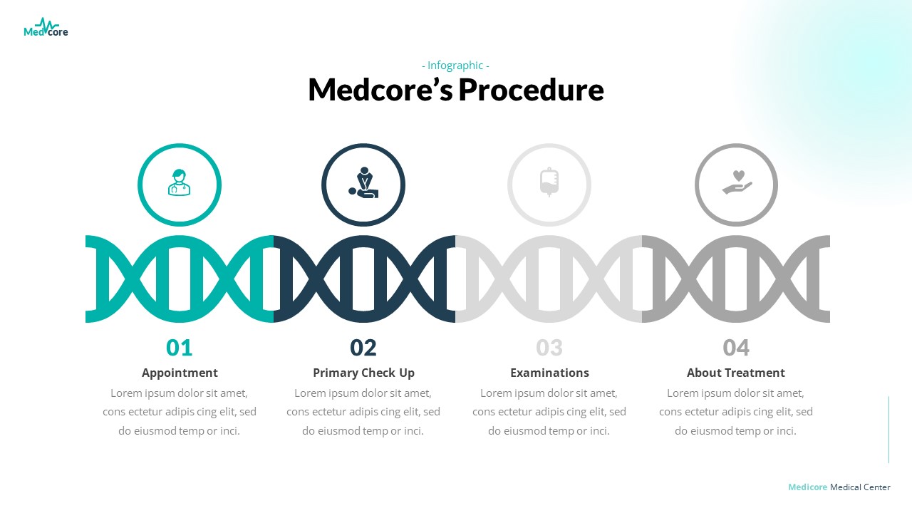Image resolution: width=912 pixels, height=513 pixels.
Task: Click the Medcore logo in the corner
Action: point(46,28)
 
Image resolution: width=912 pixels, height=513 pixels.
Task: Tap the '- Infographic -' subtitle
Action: point(455,66)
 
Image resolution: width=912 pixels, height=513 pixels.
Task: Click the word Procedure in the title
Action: point(531,90)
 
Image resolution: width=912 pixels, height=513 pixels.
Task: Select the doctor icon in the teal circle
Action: point(179,183)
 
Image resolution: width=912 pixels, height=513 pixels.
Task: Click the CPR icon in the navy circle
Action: point(363,183)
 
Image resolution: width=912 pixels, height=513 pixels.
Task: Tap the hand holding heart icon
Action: point(737,182)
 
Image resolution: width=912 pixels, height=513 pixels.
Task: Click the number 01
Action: point(180,348)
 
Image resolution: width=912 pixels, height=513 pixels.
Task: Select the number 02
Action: point(363,348)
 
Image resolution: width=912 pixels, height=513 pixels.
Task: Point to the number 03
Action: point(549,348)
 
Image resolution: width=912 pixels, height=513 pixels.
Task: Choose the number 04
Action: point(736,348)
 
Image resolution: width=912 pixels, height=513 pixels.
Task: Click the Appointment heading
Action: point(180,373)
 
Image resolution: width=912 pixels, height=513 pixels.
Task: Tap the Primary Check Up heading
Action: point(363,373)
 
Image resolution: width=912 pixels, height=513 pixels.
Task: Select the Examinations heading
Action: point(549,373)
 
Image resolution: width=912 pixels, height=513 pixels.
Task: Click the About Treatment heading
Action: point(735,373)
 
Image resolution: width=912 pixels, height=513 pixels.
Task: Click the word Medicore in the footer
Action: point(807,487)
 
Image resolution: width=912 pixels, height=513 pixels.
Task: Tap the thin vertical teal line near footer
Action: point(888,430)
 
